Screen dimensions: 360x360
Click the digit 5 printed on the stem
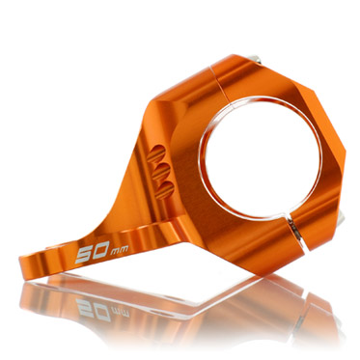[x=82, y=255]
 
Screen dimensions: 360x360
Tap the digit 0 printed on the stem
[x=99, y=250]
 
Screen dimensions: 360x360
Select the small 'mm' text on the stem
[x=120, y=251]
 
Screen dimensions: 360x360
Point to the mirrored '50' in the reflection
[x=94, y=309]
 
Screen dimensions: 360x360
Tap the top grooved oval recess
[x=155, y=153]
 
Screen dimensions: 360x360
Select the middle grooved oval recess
[x=161, y=172]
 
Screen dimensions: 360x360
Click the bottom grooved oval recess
[x=165, y=190]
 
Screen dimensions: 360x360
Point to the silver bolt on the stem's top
[x=255, y=58]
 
